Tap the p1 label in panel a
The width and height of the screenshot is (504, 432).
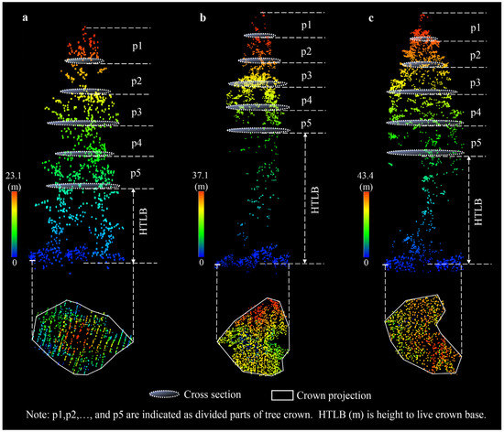(x=136, y=43)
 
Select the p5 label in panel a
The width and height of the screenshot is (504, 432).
(x=136, y=172)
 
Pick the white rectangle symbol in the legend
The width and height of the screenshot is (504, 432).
(x=283, y=394)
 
